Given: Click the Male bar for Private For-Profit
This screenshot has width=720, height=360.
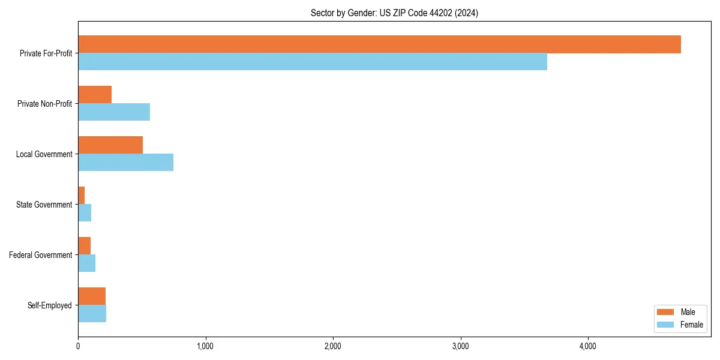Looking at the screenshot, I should tap(379, 44).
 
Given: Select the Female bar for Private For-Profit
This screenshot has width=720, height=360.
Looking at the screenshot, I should tap(313, 62).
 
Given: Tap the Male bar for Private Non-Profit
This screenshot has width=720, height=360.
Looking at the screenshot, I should tap(95, 95).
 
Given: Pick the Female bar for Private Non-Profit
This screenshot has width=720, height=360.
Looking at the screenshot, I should tap(114, 112).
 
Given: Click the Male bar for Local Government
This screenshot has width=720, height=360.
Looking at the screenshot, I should tap(110, 145).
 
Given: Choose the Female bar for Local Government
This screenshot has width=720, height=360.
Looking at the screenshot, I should tap(125, 163).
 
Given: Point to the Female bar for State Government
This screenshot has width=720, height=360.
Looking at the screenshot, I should tap(85, 213).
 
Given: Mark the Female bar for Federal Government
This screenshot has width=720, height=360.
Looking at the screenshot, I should tap(86, 263).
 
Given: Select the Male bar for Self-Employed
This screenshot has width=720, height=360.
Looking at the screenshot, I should tap(92, 296).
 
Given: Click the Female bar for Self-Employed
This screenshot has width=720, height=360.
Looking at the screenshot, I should tap(92, 314).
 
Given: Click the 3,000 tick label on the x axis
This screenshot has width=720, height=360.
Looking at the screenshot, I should tap(460, 346).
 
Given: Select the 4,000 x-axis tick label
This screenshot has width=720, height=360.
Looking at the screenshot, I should tap(587, 346).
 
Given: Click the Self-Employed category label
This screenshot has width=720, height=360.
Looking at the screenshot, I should tap(49, 305).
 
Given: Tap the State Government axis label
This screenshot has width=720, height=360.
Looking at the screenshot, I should tap(44, 205).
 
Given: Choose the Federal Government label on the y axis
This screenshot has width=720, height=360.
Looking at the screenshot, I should tap(40, 255).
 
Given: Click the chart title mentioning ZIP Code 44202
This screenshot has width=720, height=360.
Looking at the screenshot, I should tap(394, 13).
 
